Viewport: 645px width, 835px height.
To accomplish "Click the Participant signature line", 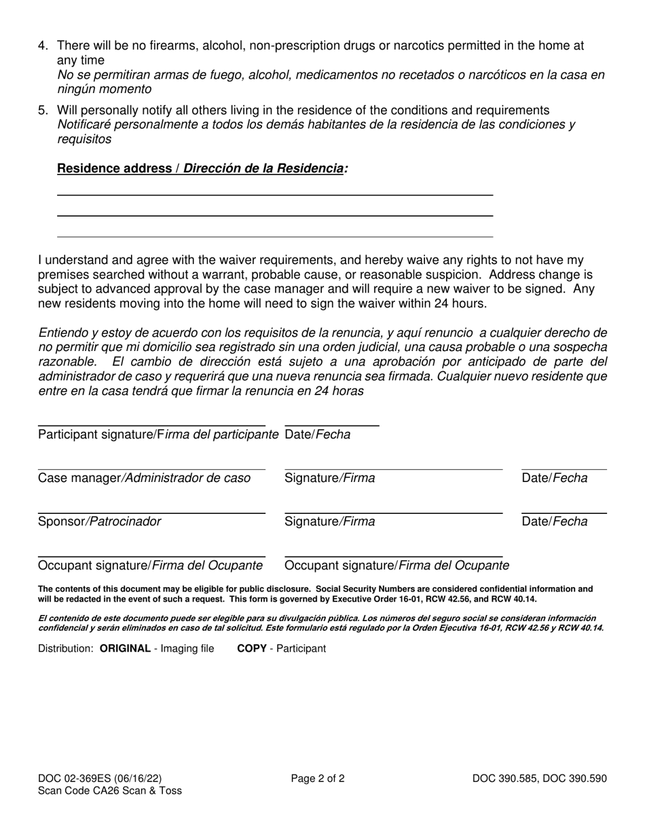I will (x=151, y=425).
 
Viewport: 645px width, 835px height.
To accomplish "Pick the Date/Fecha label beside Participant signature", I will (x=318, y=434).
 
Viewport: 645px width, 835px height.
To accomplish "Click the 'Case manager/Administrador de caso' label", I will (x=145, y=478).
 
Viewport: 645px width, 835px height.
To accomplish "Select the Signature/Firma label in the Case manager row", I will (x=329, y=478).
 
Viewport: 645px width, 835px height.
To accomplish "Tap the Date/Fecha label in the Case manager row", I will (x=554, y=478).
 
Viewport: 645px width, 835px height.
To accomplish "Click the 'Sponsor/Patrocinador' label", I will (x=100, y=521).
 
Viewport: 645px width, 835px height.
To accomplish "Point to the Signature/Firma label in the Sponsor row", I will (x=329, y=521).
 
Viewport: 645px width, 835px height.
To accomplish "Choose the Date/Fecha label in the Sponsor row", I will (x=554, y=521).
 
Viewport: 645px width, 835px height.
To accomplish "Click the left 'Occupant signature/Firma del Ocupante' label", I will (x=151, y=565).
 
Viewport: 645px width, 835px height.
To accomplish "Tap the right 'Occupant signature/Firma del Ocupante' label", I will (x=397, y=565).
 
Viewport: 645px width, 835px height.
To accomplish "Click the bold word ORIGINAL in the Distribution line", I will (x=125, y=648).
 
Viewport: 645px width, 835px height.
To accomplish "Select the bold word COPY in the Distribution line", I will (x=251, y=648).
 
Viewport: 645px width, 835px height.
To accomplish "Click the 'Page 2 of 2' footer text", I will (x=318, y=779).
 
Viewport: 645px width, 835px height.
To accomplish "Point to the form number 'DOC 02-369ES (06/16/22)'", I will (x=100, y=779).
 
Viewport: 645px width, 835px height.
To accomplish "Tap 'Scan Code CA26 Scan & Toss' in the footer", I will (x=110, y=791).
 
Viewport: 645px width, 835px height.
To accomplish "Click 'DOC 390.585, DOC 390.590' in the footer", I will (x=540, y=779).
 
